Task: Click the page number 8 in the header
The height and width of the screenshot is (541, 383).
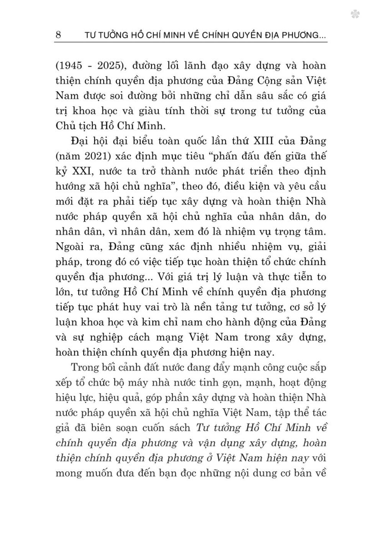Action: [x=59, y=35]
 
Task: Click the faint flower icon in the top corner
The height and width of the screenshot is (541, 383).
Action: [x=355, y=15]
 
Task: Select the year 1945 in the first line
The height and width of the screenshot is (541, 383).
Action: [x=72, y=65]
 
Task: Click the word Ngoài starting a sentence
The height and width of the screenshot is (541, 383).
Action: [x=73, y=247]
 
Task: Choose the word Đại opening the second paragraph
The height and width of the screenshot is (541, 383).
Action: [x=81, y=141]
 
